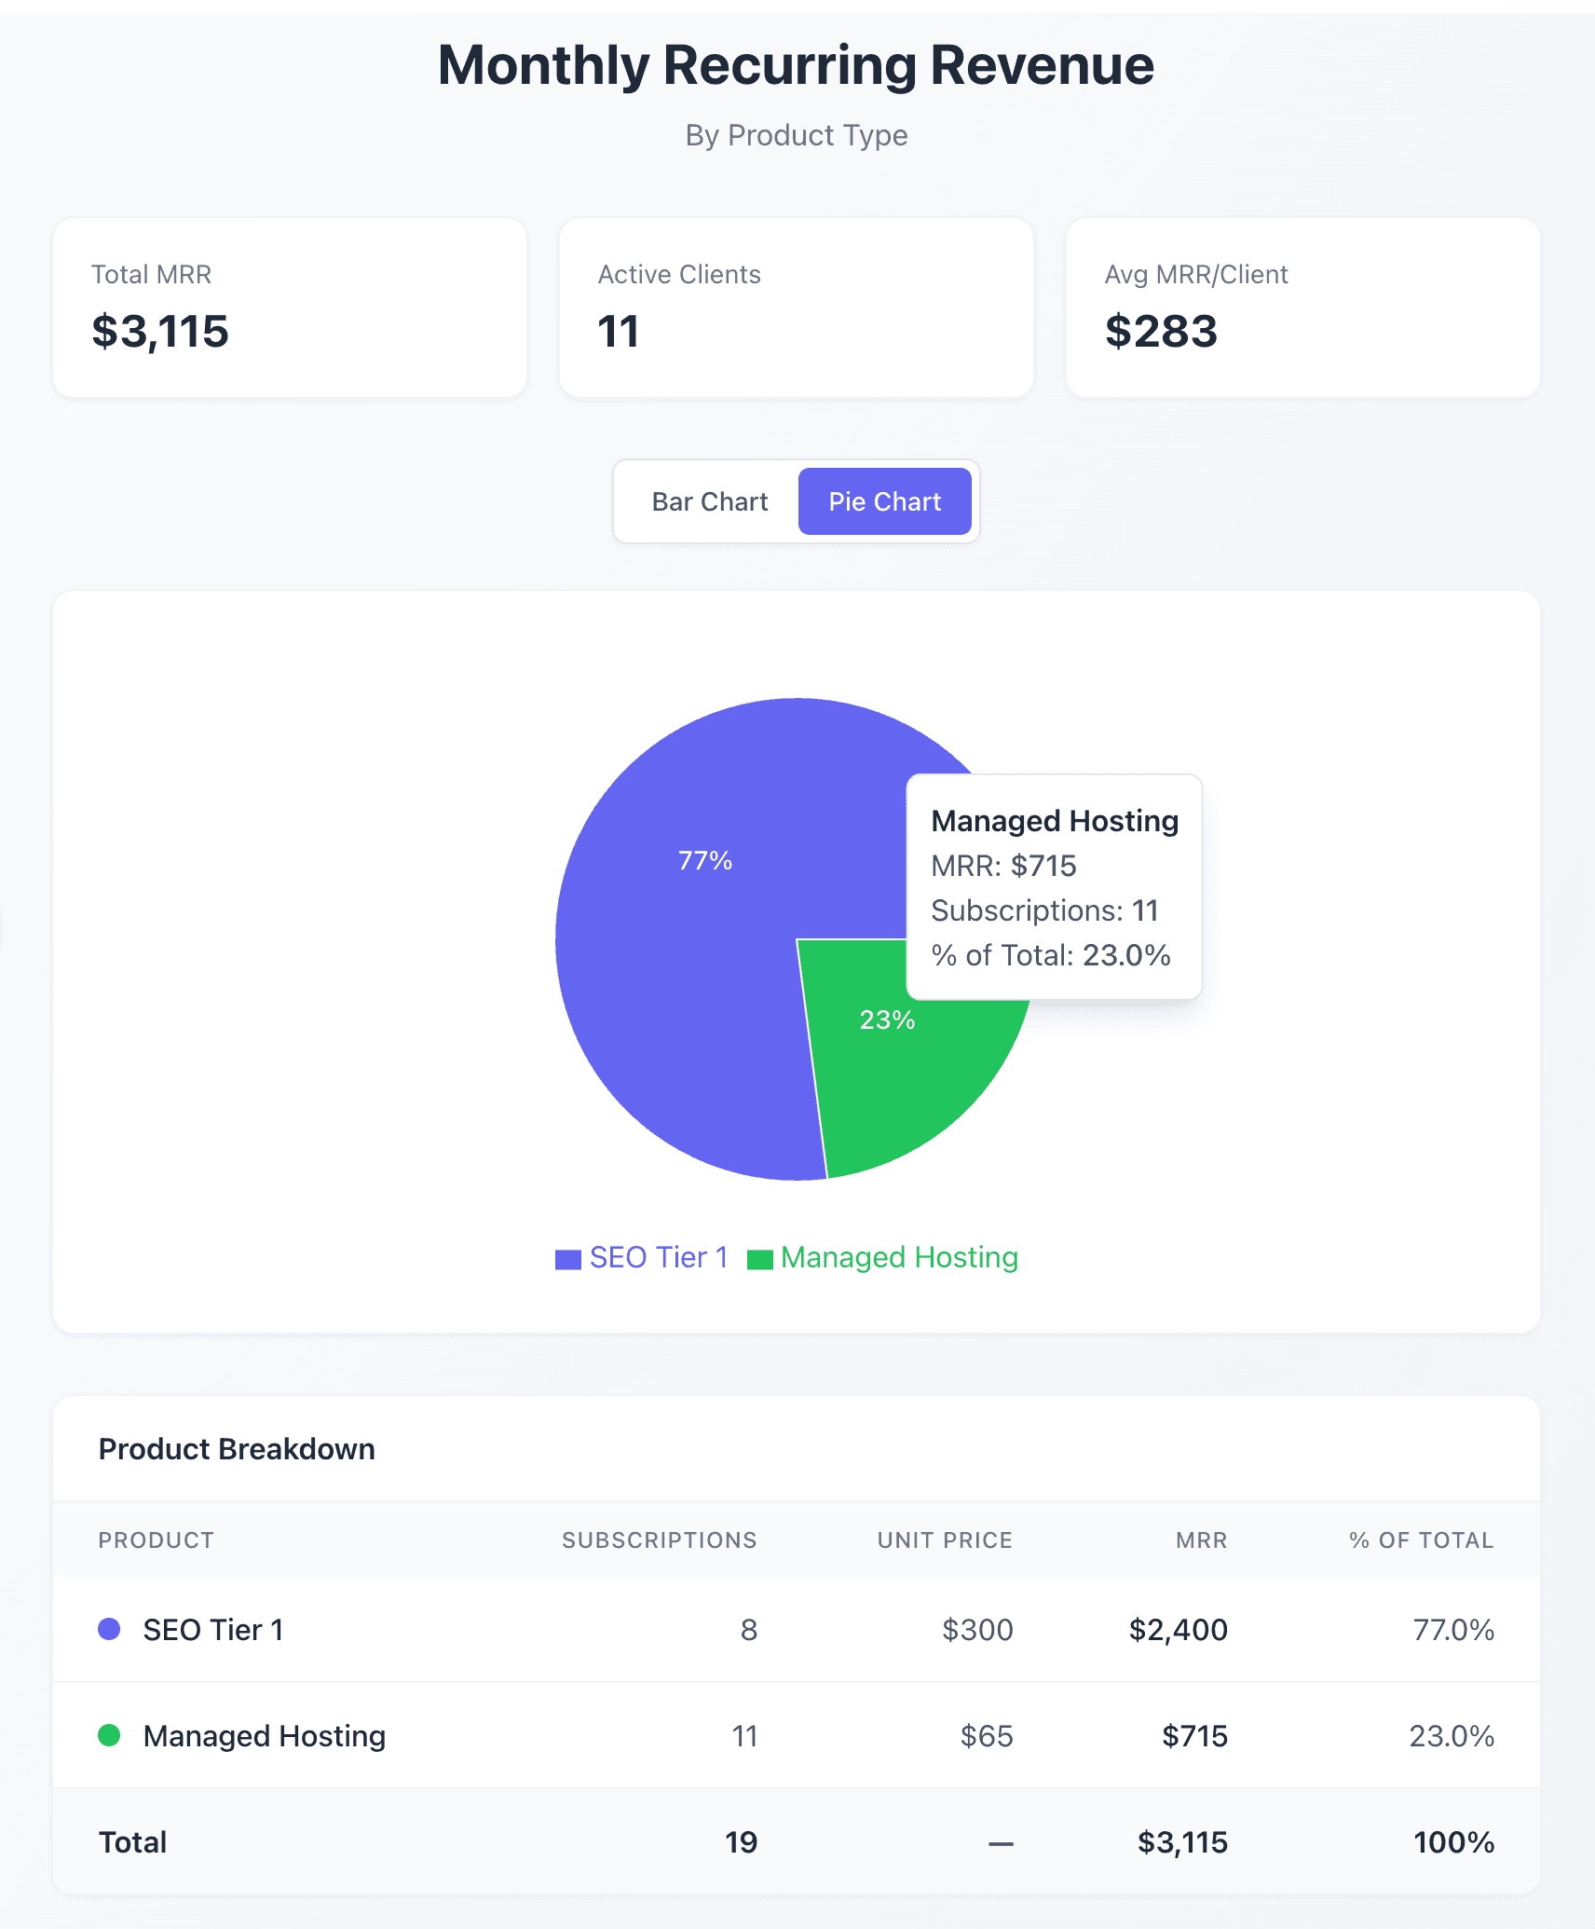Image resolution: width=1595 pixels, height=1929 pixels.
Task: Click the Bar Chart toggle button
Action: [x=710, y=501]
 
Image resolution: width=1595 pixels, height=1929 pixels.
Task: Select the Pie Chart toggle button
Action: [x=884, y=501]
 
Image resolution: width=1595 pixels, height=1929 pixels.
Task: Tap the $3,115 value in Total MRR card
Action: [x=160, y=332]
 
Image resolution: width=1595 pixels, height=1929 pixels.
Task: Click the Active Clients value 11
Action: [x=619, y=332]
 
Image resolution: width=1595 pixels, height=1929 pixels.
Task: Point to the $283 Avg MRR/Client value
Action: [x=1161, y=332]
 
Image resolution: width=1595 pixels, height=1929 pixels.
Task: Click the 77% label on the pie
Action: [x=705, y=860]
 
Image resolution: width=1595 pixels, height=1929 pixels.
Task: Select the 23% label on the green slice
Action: [x=887, y=1019]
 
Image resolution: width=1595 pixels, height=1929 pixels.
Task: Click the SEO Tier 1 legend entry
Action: [x=643, y=1258]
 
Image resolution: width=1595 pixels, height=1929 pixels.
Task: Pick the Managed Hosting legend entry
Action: [x=883, y=1258]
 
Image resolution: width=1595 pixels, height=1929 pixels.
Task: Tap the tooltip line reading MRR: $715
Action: [x=1003, y=866]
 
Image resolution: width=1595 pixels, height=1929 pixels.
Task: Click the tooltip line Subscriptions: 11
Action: [x=1044, y=910]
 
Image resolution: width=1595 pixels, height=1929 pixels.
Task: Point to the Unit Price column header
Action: [x=945, y=1540]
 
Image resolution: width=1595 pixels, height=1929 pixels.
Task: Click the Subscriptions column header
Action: [x=659, y=1540]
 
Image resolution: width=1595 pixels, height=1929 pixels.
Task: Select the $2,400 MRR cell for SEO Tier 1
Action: [x=1178, y=1630]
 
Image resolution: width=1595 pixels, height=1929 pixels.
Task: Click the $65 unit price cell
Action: [x=987, y=1736]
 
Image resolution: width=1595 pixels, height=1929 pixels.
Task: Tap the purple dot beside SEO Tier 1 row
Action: [x=109, y=1629]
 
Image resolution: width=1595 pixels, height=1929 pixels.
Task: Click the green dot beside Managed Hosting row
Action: [x=109, y=1735]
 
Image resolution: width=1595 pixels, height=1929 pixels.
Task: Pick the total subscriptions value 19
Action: [x=742, y=1842]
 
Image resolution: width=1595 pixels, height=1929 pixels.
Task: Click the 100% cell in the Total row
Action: [x=1453, y=1842]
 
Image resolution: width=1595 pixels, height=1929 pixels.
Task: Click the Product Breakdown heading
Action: [x=237, y=1449]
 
